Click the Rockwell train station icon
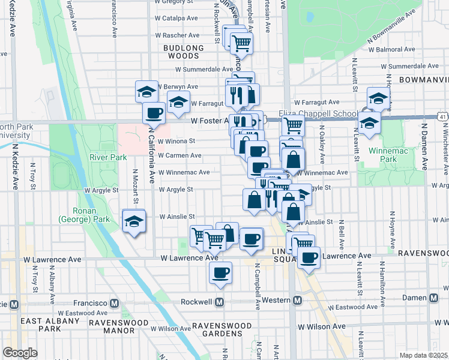click(x=220, y=301)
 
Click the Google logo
click(x=20, y=352)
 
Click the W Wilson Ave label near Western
click(x=322, y=326)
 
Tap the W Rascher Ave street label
click(x=176, y=35)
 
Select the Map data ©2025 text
click(x=423, y=355)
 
